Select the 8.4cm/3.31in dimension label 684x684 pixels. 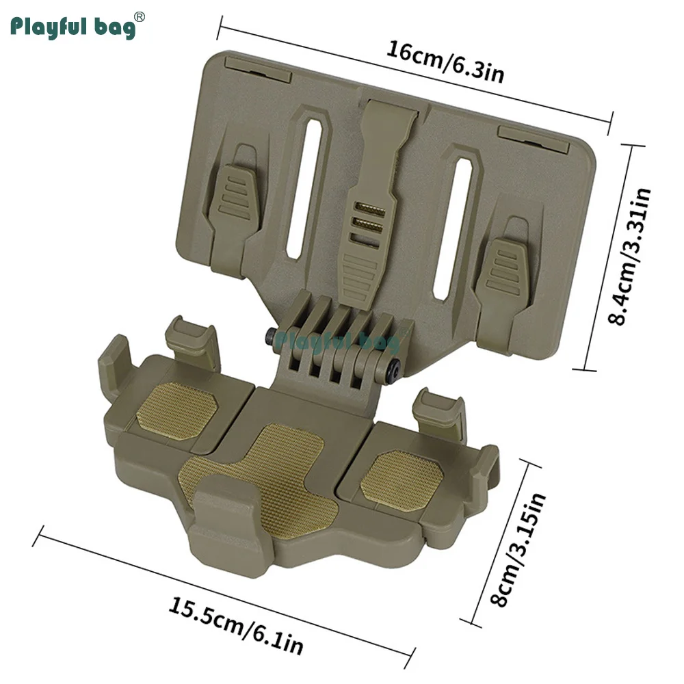pyautogui.click(x=630, y=256)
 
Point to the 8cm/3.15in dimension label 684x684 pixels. pyautogui.click(x=518, y=550)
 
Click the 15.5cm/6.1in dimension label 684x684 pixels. pyautogui.click(x=235, y=627)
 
